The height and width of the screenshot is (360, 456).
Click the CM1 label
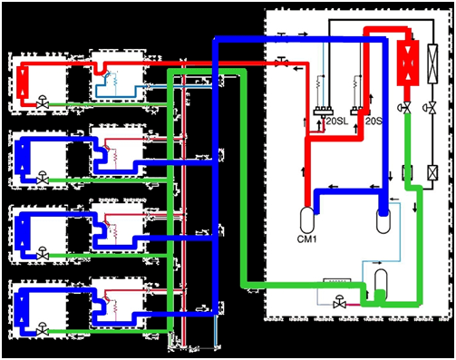pyautogui.click(x=307, y=239)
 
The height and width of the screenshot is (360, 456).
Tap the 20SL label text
pyautogui.click(x=337, y=122)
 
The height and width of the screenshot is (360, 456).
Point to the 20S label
pyautogui.click(x=374, y=122)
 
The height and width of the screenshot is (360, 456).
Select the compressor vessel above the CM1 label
pyautogui.click(x=307, y=220)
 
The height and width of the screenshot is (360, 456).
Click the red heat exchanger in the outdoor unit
pyautogui.click(x=408, y=63)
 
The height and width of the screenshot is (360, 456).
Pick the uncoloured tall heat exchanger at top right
pyautogui.click(x=432, y=63)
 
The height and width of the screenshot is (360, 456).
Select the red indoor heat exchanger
pyautogui.click(x=24, y=81)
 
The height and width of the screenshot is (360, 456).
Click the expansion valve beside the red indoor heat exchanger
pyautogui.click(x=43, y=102)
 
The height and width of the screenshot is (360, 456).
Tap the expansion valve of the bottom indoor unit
pyautogui.click(x=43, y=329)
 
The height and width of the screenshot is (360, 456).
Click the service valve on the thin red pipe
pyautogui.click(x=282, y=62)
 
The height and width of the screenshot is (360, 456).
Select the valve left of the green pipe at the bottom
pyautogui.click(x=339, y=302)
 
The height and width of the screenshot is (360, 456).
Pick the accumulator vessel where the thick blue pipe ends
pyautogui.click(x=383, y=220)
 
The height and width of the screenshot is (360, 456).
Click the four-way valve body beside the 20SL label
pyautogui.click(x=324, y=111)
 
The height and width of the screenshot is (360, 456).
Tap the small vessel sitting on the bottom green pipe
pyautogui.click(x=381, y=284)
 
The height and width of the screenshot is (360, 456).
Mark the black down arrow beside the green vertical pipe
pyautogui.click(x=415, y=207)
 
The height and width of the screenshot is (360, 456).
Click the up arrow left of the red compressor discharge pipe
pyautogui.click(x=303, y=171)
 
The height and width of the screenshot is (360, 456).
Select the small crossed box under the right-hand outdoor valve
pyautogui.click(x=432, y=173)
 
